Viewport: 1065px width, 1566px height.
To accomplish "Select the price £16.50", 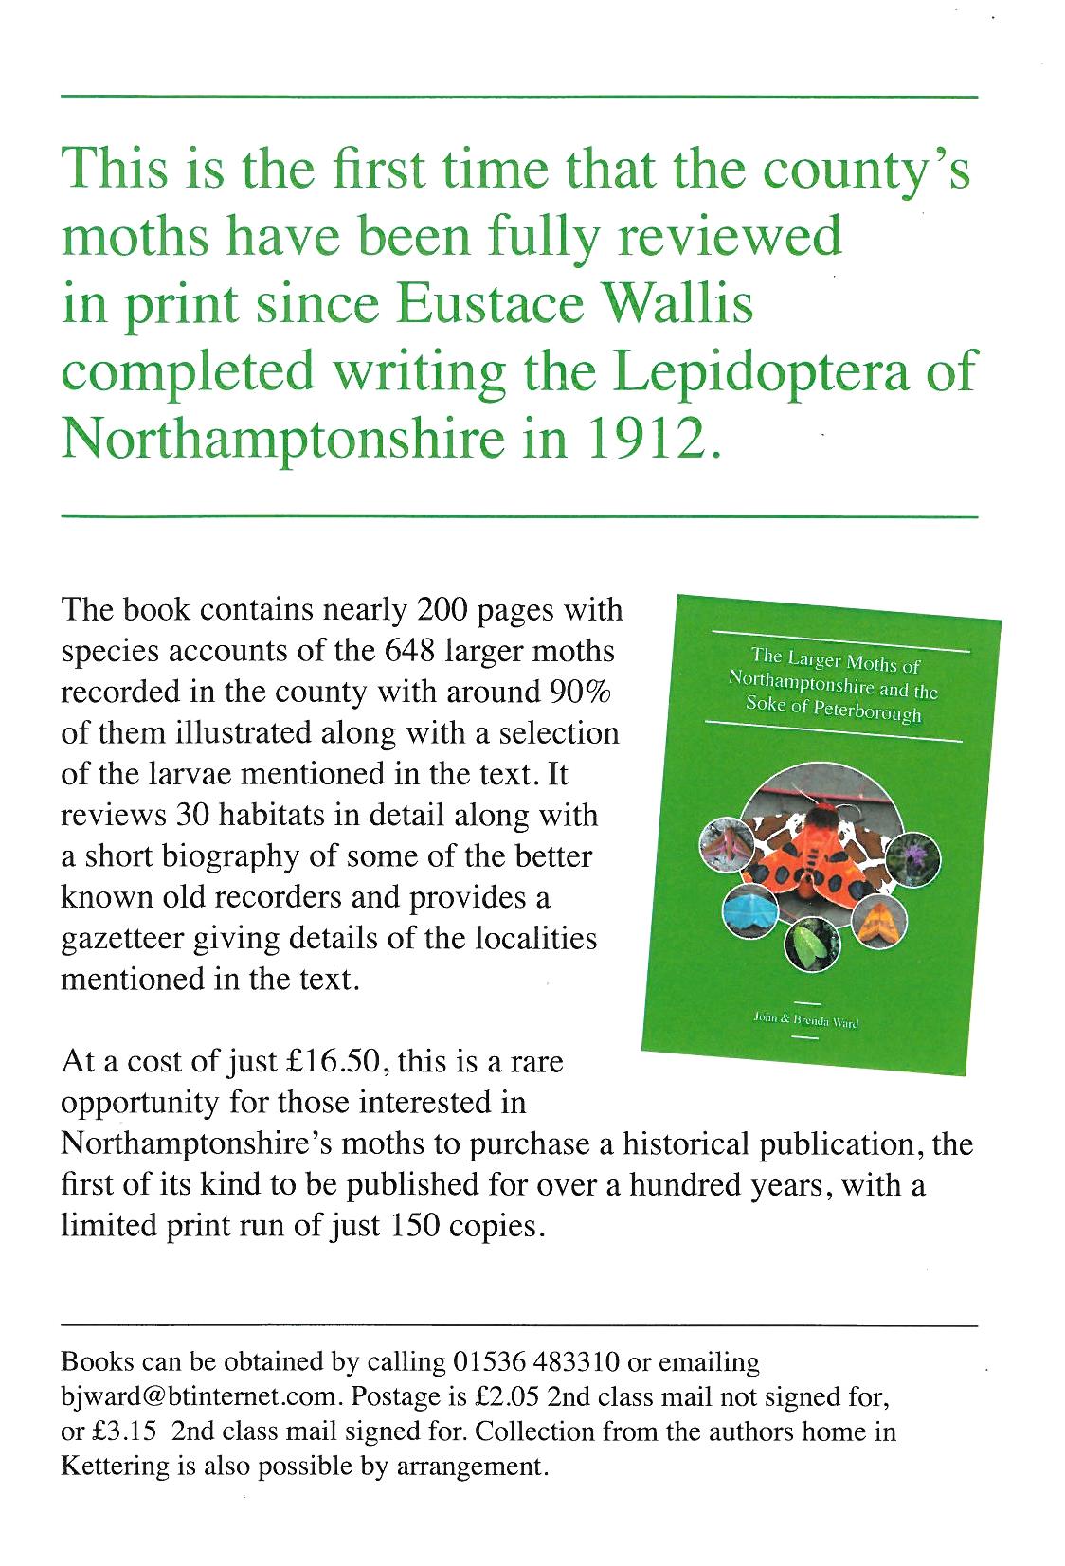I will [328, 1062].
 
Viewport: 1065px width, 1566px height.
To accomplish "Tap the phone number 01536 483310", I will [537, 1362].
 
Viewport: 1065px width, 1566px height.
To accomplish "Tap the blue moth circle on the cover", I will [749, 913].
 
